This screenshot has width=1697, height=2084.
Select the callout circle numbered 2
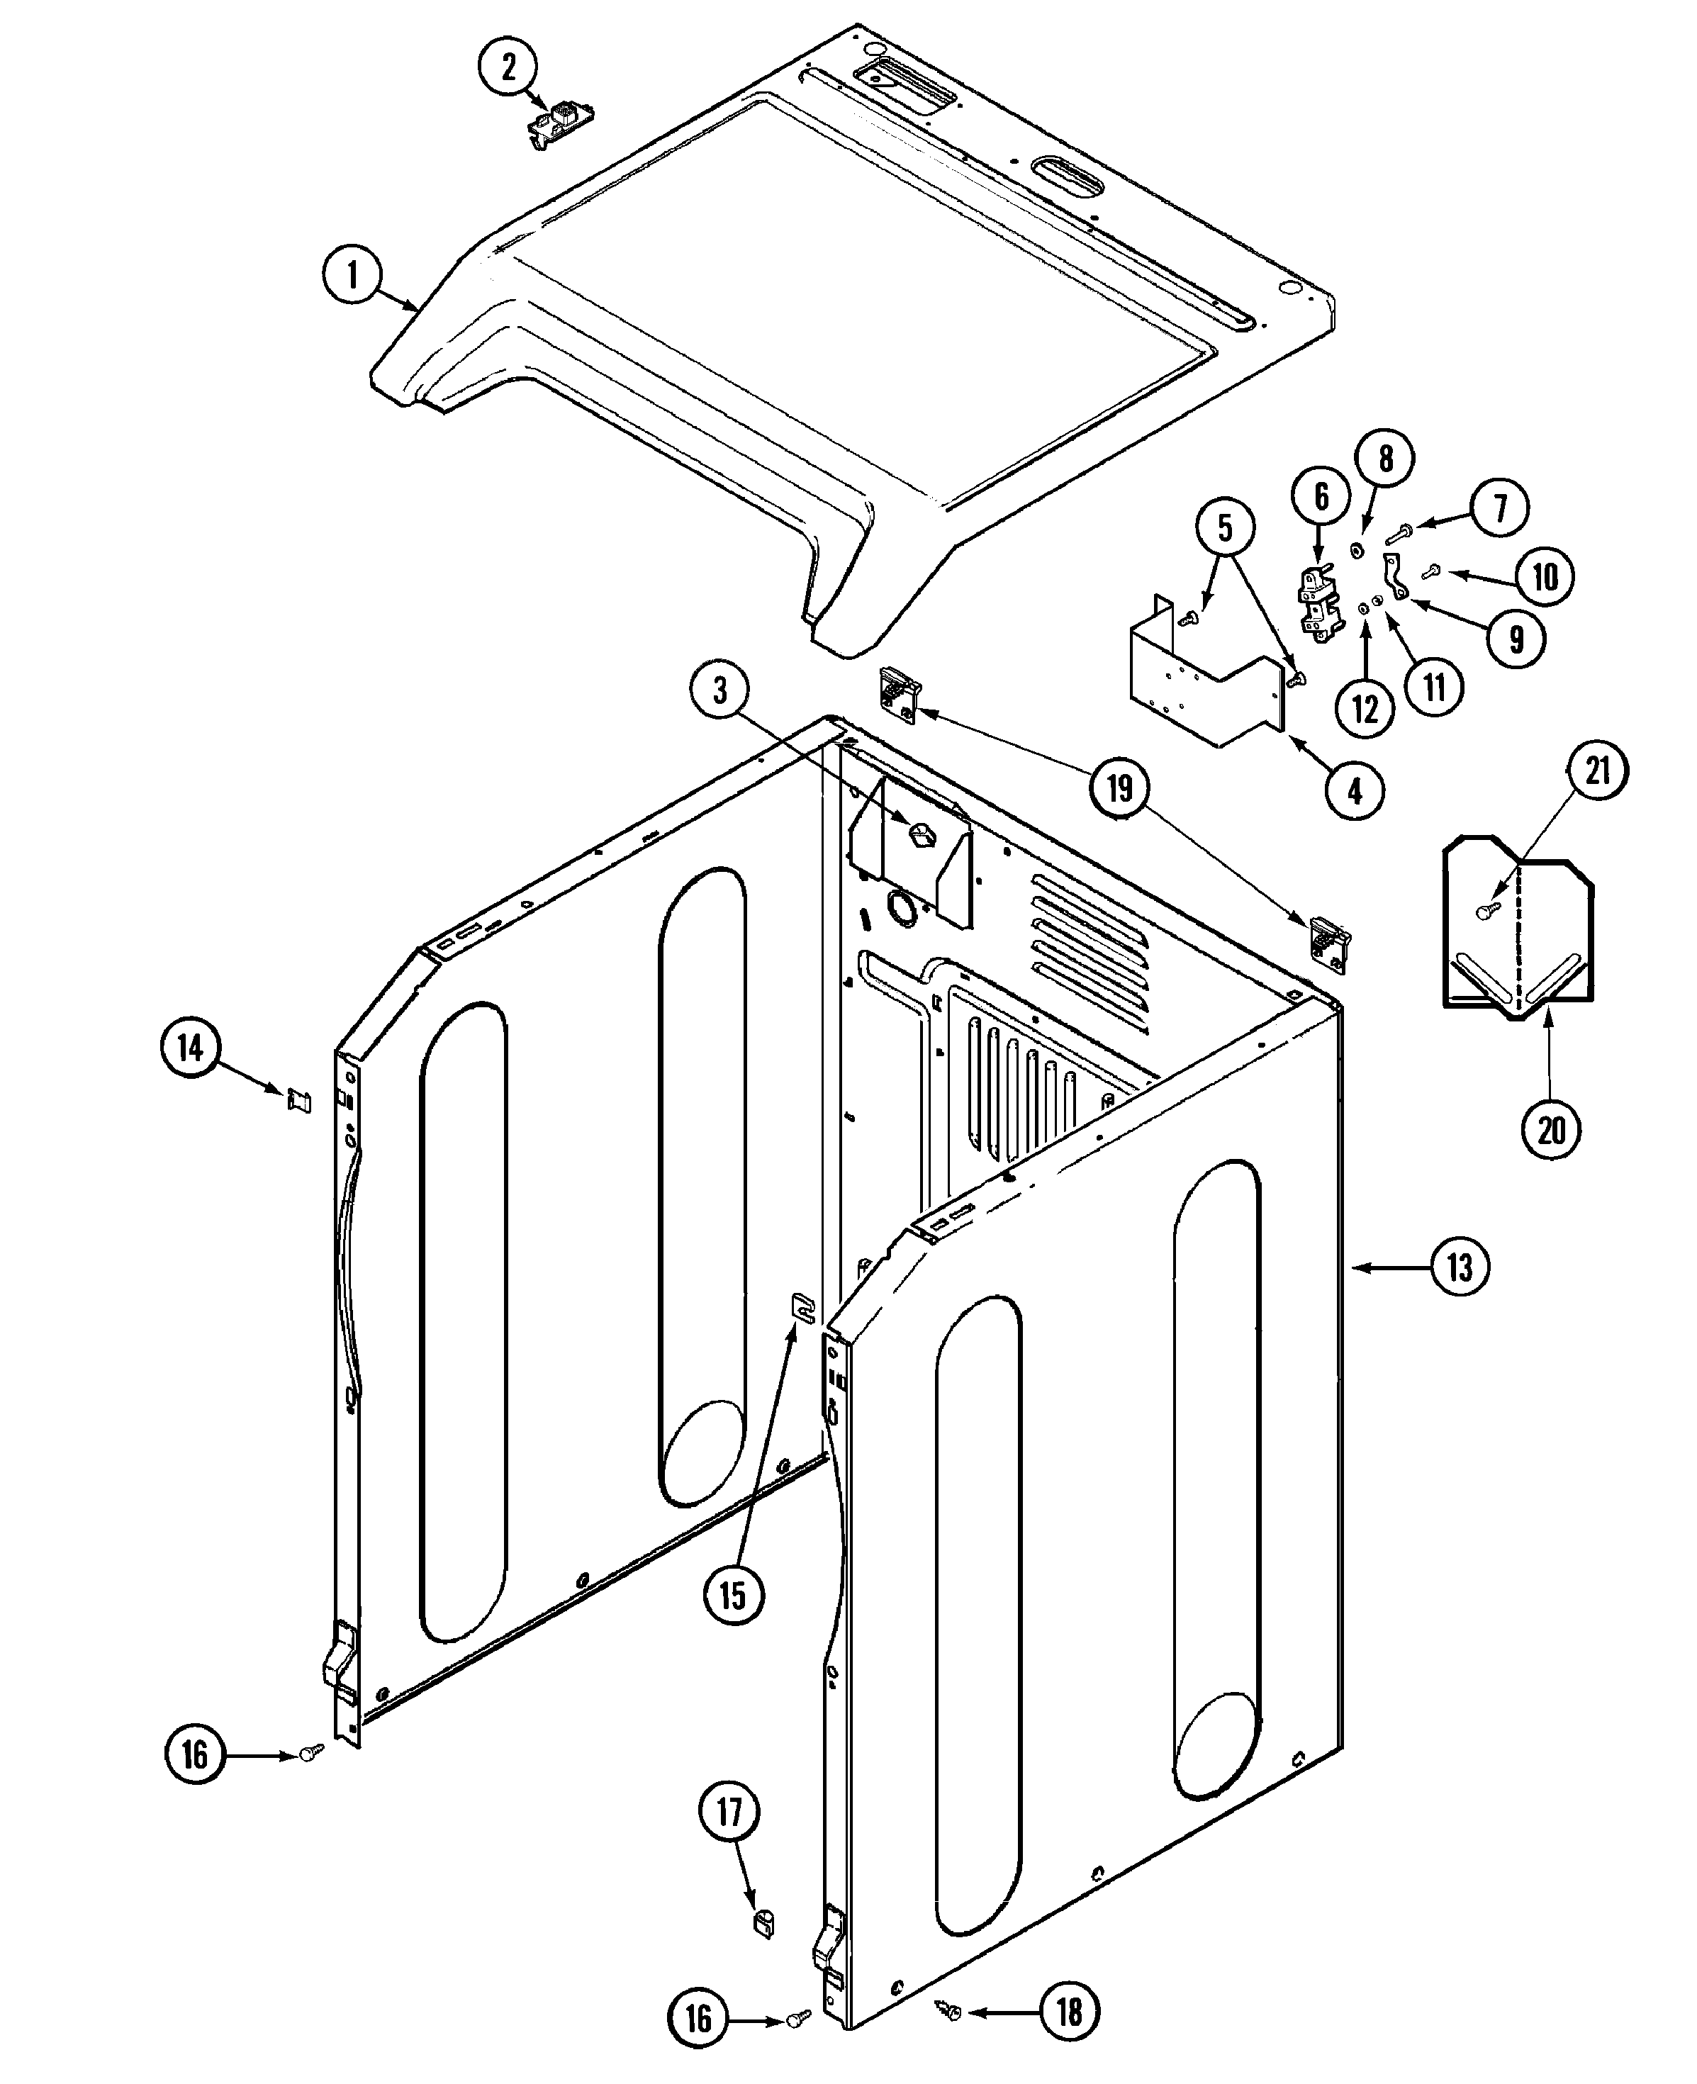tap(508, 67)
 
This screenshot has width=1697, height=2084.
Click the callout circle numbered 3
tap(720, 691)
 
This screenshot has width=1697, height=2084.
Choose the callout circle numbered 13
tap(1460, 1268)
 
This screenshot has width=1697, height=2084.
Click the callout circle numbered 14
tap(191, 1049)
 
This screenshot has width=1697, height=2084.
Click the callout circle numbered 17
tap(730, 1813)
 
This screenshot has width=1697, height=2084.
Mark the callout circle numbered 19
tap(1120, 787)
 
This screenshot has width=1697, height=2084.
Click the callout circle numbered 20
tap(1552, 1130)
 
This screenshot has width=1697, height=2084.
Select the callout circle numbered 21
tap(1597, 771)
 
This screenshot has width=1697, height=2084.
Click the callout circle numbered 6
tap(1321, 498)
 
